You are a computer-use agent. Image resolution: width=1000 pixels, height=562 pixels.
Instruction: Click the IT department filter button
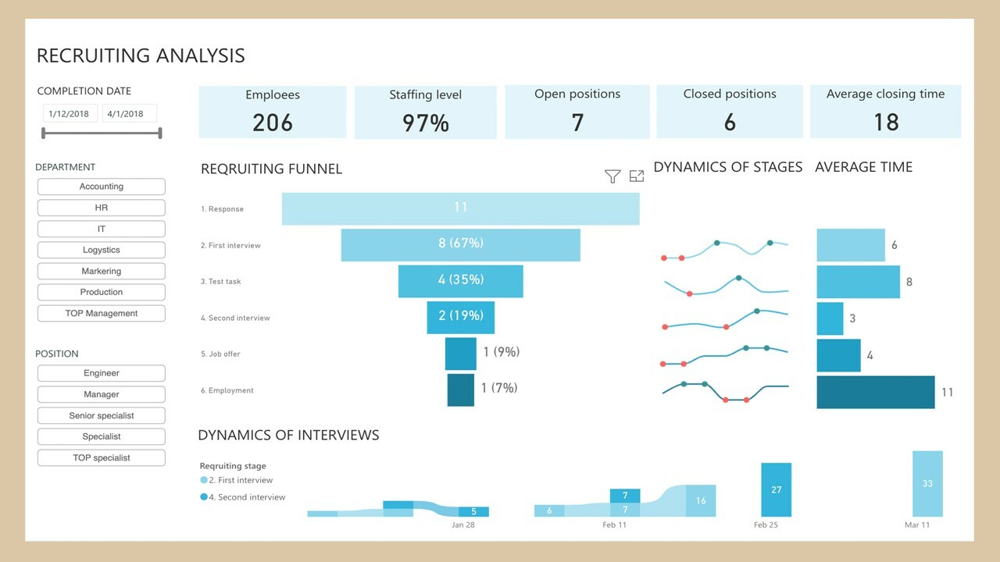(101, 229)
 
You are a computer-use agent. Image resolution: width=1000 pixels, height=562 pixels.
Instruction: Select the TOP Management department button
(101, 313)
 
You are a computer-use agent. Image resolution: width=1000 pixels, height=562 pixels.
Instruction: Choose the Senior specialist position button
(101, 415)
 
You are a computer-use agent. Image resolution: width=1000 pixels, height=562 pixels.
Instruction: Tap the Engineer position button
(101, 373)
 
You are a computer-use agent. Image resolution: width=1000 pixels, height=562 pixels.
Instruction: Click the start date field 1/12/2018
(70, 113)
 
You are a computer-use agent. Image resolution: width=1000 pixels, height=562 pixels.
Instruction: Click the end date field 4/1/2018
(128, 113)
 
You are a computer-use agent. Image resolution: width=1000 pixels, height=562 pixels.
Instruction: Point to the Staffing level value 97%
(425, 123)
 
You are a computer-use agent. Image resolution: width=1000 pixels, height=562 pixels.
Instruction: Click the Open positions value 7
(577, 122)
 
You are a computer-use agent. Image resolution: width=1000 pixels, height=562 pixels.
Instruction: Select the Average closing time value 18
(885, 122)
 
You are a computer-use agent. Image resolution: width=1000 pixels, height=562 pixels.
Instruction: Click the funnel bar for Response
(460, 208)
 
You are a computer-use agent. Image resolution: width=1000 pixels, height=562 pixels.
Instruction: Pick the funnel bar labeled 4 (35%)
(460, 280)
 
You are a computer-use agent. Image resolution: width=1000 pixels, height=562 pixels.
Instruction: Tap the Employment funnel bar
(460, 389)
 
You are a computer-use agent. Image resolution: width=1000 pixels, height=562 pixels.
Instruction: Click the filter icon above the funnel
(612, 176)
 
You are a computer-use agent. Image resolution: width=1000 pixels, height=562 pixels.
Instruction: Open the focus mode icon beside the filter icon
(637, 176)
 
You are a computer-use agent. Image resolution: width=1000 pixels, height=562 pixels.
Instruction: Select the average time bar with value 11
(875, 392)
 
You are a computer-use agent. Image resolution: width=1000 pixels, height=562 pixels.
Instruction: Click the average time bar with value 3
(830, 318)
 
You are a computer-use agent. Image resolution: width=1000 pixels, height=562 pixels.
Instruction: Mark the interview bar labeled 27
(776, 489)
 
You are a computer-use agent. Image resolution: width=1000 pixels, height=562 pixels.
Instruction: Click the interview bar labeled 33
(927, 483)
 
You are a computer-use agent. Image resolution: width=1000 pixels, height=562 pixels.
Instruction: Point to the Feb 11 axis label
(614, 525)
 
